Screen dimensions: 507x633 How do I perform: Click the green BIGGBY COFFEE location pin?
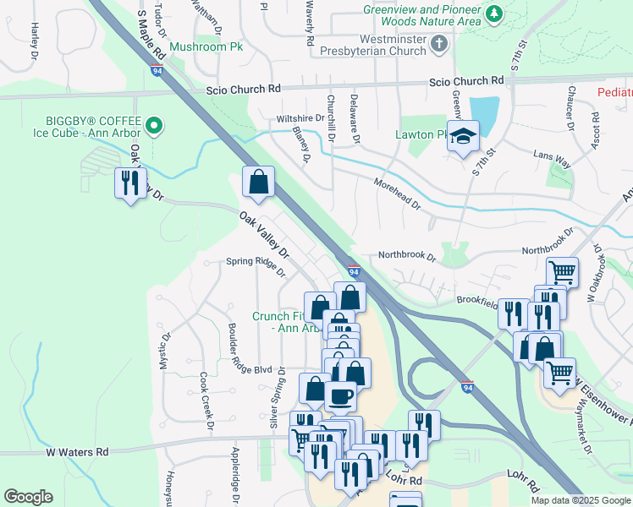click(x=153, y=127)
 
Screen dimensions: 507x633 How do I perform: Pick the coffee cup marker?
click(x=340, y=395)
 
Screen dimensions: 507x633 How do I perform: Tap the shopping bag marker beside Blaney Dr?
click(x=258, y=183)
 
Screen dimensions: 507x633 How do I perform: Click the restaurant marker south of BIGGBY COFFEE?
click(x=129, y=183)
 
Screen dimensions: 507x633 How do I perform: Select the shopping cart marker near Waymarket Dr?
click(x=559, y=373)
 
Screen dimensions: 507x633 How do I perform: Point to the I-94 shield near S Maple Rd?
click(x=158, y=70)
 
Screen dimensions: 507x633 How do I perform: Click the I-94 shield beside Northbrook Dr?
click(x=355, y=271)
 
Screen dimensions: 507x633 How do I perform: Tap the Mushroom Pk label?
click(x=206, y=46)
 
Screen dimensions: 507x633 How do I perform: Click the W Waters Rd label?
click(x=77, y=452)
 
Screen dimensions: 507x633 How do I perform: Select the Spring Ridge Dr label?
click(x=251, y=261)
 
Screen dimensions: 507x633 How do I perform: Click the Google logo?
click(x=28, y=497)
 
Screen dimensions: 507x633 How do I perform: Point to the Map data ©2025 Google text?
click(x=580, y=500)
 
